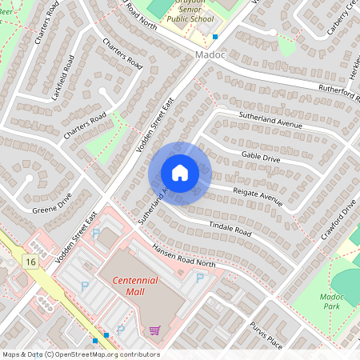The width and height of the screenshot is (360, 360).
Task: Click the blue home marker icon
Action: point(180,172)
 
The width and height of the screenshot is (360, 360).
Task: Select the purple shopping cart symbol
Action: point(154,330)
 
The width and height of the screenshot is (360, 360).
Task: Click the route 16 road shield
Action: point(30,262)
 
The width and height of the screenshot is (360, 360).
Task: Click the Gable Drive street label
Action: point(261,158)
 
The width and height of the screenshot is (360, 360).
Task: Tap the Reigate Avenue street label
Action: point(258,197)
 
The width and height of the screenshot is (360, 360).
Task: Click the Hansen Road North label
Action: point(184,256)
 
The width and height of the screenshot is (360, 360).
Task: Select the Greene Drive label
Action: point(52,204)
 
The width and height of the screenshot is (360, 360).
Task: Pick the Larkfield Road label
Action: point(62,78)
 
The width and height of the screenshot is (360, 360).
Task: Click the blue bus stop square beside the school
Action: point(215,37)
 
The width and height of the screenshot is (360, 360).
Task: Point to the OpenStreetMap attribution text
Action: point(80,354)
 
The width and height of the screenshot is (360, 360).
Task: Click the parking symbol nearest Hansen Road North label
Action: point(200,277)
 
